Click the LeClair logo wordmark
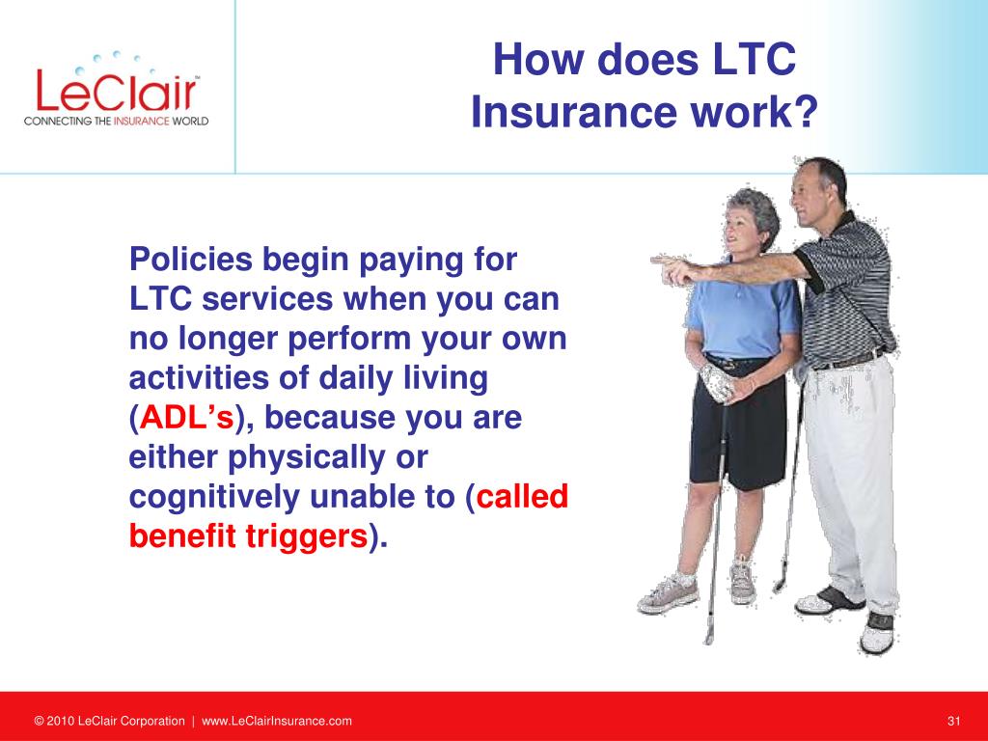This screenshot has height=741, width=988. (117, 90)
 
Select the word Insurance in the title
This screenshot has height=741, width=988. (573, 112)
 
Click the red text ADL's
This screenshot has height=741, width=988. (186, 417)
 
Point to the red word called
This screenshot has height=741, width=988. (522, 496)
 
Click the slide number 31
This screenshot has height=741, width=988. (953, 721)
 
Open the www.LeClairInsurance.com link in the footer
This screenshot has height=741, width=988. (277, 721)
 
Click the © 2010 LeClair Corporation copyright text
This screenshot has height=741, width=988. (110, 721)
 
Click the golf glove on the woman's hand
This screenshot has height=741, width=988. (717, 382)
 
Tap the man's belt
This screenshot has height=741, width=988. (851, 360)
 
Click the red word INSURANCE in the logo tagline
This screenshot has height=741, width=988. (141, 121)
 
